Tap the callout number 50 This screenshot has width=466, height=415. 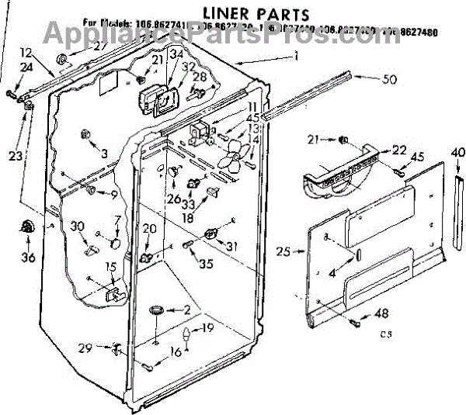390,78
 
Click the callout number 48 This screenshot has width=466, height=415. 381,314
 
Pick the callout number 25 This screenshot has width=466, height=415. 283,251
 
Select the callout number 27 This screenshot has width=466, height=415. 99,45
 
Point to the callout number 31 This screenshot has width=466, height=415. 231,247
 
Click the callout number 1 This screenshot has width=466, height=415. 296,56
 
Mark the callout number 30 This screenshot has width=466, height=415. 76,226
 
